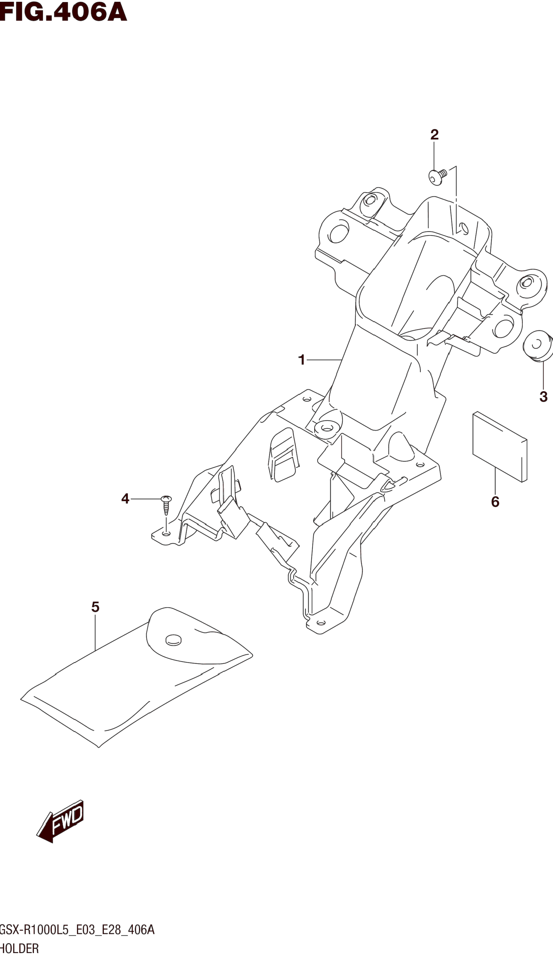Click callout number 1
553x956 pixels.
(302, 360)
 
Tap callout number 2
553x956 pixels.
(434, 135)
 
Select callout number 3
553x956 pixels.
(543, 397)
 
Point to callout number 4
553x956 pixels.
(125, 498)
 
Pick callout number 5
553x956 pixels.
(95, 607)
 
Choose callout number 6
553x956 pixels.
(495, 502)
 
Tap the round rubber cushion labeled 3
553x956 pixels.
(537, 346)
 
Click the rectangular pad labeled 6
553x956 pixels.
(500, 447)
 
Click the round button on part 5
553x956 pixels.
(174, 640)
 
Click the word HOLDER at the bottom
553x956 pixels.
(20, 948)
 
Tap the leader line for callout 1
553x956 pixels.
(324, 360)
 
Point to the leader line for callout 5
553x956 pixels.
(95, 632)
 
